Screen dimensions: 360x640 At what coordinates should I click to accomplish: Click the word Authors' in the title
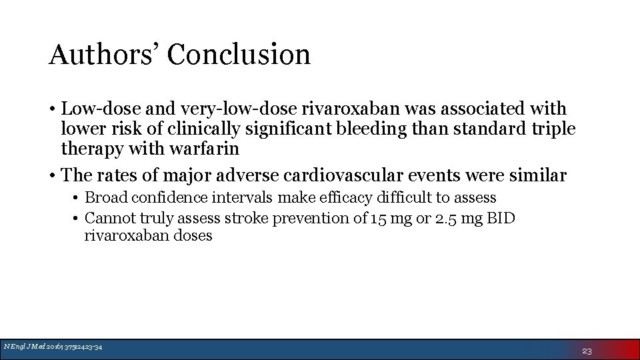point(103,55)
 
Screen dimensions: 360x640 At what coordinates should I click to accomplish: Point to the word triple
point(552,129)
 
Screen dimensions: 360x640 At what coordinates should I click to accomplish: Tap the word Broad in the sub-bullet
point(107,198)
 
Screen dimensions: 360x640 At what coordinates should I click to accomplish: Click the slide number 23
point(587,351)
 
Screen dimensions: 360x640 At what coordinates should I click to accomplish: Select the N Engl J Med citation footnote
point(53,346)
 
